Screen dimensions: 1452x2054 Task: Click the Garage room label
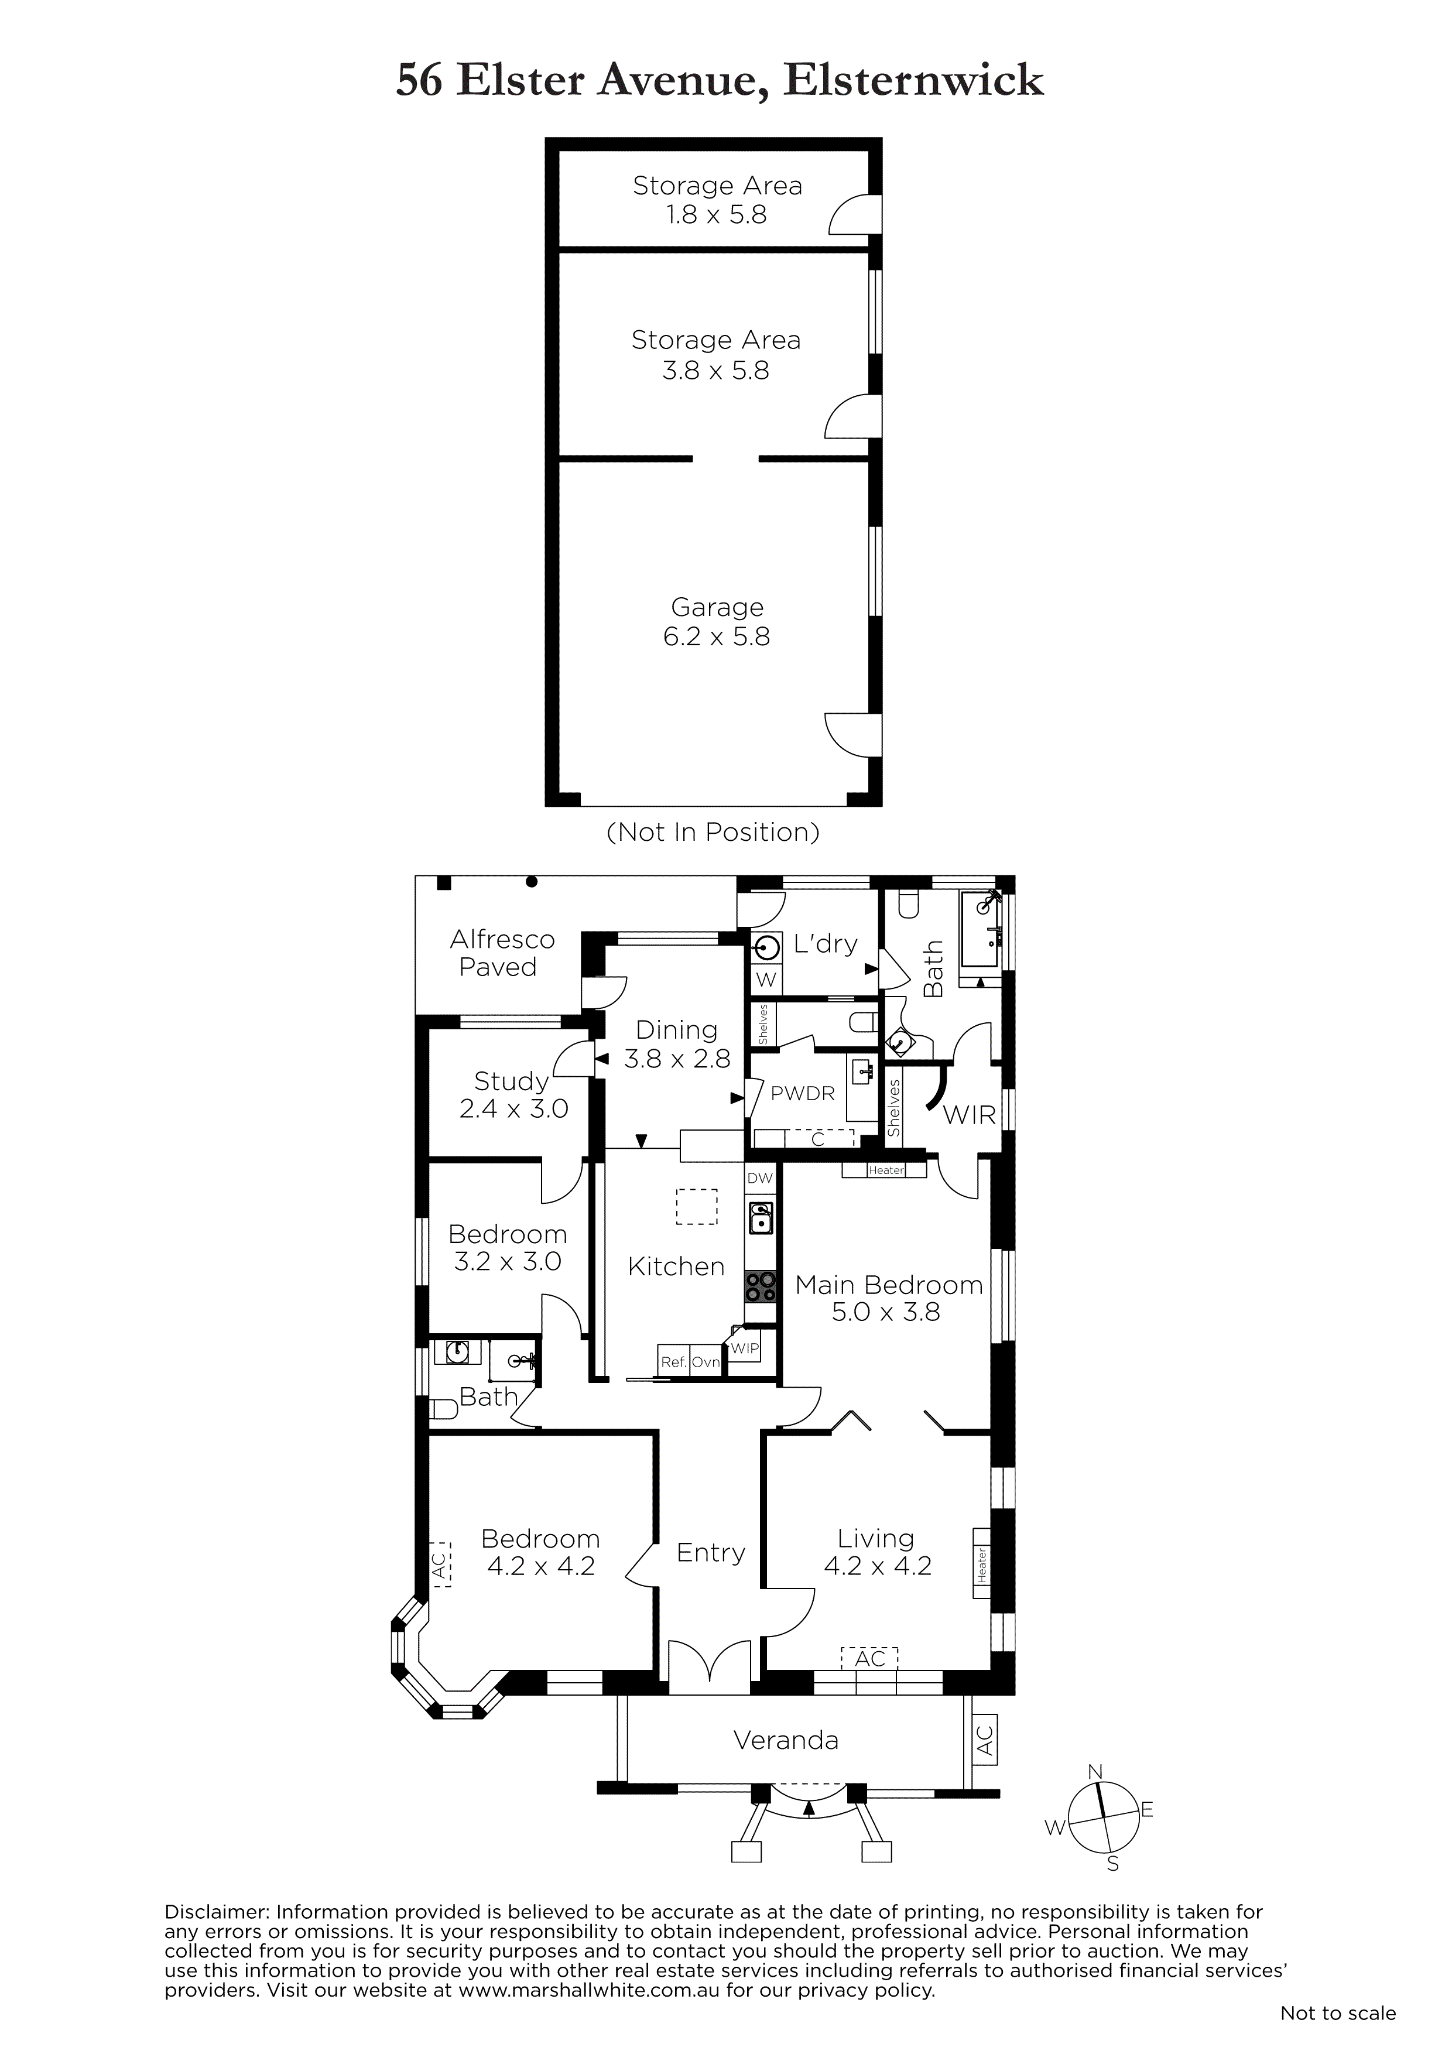coord(717,607)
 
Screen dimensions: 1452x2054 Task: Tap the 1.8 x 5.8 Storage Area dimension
coord(717,215)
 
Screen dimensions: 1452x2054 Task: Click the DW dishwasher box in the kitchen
coord(759,1178)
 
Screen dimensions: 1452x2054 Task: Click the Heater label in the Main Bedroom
coord(886,1170)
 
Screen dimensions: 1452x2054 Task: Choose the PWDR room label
coord(803,1093)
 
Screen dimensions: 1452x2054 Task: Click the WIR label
coord(970,1115)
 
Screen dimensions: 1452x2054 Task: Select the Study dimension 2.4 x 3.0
coord(513,1110)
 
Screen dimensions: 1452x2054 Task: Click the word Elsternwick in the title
coord(913,81)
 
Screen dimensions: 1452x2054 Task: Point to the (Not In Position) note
coord(713,833)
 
